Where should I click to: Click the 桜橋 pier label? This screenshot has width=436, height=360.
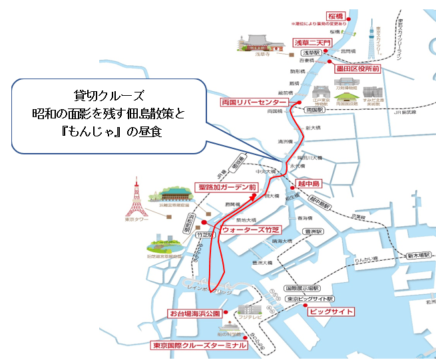pos(335,15)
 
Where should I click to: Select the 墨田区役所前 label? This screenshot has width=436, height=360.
pos(357,68)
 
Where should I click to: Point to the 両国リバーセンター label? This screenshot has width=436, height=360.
pos(254,102)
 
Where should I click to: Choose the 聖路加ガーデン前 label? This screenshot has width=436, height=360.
pos(226,188)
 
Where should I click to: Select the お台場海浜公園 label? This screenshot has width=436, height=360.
pos(194,313)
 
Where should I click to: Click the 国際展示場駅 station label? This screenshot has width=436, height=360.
pos(302,288)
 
